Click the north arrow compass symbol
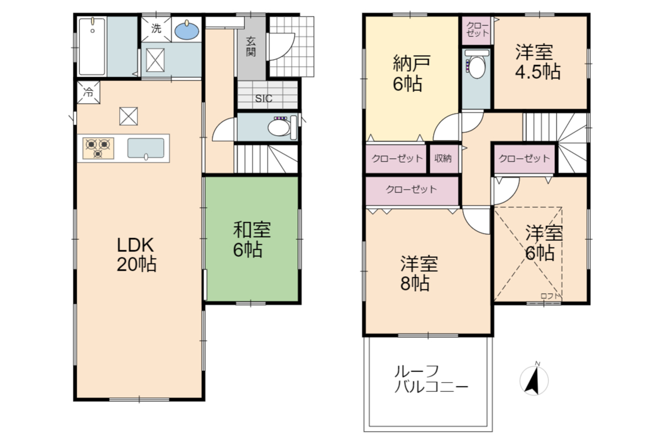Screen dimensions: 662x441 coord(534,380)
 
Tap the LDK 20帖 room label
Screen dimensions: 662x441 coord(137,255)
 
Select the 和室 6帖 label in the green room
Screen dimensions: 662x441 coord(252,240)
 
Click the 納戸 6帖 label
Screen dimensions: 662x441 coord(411,73)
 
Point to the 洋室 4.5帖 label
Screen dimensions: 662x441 coord(537,61)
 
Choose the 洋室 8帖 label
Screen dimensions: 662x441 coord(419,273)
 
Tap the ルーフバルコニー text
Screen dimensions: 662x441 coord(431,379)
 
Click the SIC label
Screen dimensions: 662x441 coord(264,99)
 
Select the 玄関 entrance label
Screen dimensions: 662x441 coord(251,47)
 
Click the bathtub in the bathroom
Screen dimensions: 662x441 coord(92,47)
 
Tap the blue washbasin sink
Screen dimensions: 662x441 coord(187,31)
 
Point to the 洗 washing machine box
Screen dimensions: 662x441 coord(156,29)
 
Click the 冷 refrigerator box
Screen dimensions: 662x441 coord(88,92)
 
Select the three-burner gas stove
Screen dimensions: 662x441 coord(98,148)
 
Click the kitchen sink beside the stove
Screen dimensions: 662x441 coord(146,148)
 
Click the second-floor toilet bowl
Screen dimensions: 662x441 coord(477,65)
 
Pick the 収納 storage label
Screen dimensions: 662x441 coord(443,159)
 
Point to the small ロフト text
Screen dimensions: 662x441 coord(551,296)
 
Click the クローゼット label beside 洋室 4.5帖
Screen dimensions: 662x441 coord(477,30)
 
